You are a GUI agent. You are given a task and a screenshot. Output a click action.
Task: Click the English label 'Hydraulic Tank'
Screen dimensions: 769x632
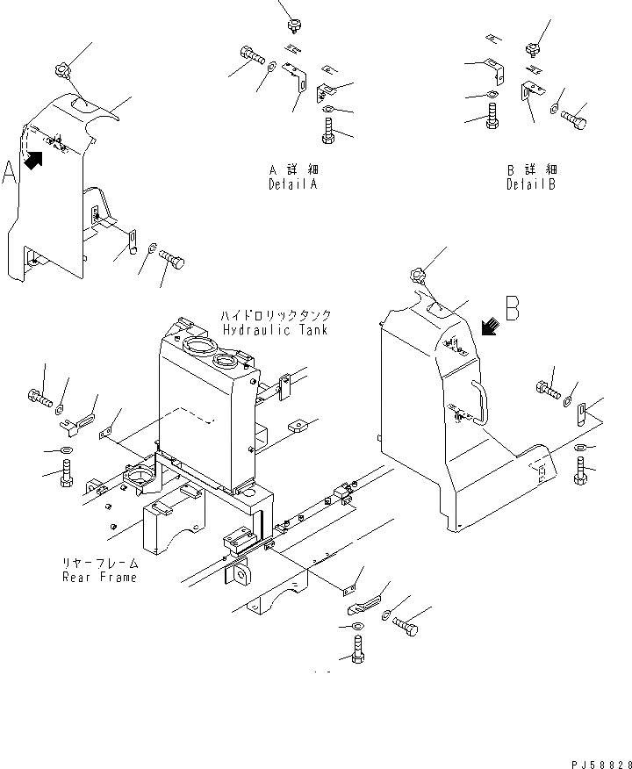(275, 330)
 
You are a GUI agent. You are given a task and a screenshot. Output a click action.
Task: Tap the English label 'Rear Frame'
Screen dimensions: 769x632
(99, 577)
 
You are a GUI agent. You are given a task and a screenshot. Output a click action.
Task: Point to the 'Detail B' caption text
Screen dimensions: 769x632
(531, 185)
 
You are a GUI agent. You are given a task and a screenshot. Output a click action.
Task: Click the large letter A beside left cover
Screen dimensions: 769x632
(10, 173)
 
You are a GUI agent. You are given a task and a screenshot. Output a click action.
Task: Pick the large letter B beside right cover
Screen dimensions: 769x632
(513, 308)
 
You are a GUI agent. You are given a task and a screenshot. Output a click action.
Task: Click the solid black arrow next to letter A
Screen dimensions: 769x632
(35, 160)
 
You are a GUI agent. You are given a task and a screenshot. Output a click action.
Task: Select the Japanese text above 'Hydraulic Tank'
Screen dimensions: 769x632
(275, 315)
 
